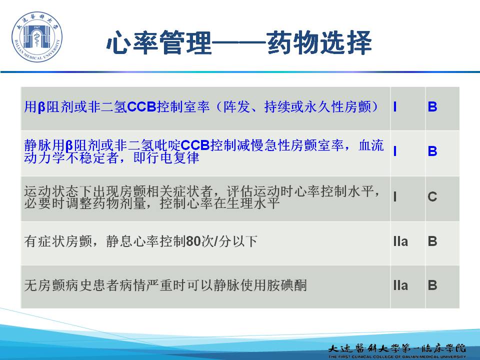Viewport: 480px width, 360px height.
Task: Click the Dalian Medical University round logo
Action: point(36,36)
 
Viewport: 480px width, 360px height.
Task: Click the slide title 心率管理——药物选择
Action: point(239,42)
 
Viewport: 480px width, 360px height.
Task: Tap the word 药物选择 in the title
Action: point(319,42)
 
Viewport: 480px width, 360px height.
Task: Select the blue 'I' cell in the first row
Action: point(395,107)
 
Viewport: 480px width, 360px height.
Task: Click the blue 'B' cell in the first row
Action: point(432,107)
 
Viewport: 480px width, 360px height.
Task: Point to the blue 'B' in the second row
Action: point(432,151)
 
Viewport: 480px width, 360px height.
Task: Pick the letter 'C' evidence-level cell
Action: point(432,196)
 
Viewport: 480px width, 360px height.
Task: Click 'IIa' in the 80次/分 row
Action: point(400,241)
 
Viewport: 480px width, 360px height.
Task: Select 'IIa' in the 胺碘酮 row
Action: point(400,285)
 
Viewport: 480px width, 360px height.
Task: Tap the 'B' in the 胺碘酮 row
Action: point(432,285)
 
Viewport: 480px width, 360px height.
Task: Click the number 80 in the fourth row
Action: point(193,241)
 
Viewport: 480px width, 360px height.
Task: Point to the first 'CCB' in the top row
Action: point(141,107)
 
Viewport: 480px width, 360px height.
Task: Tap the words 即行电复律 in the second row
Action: point(166,158)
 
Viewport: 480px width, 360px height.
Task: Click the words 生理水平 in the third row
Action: point(253,203)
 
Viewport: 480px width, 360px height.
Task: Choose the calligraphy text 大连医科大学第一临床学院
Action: point(397,348)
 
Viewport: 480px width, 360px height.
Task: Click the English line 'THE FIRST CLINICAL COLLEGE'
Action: point(397,356)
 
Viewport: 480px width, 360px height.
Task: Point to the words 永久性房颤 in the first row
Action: point(337,107)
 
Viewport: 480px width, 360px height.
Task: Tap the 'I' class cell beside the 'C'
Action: point(395,196)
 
